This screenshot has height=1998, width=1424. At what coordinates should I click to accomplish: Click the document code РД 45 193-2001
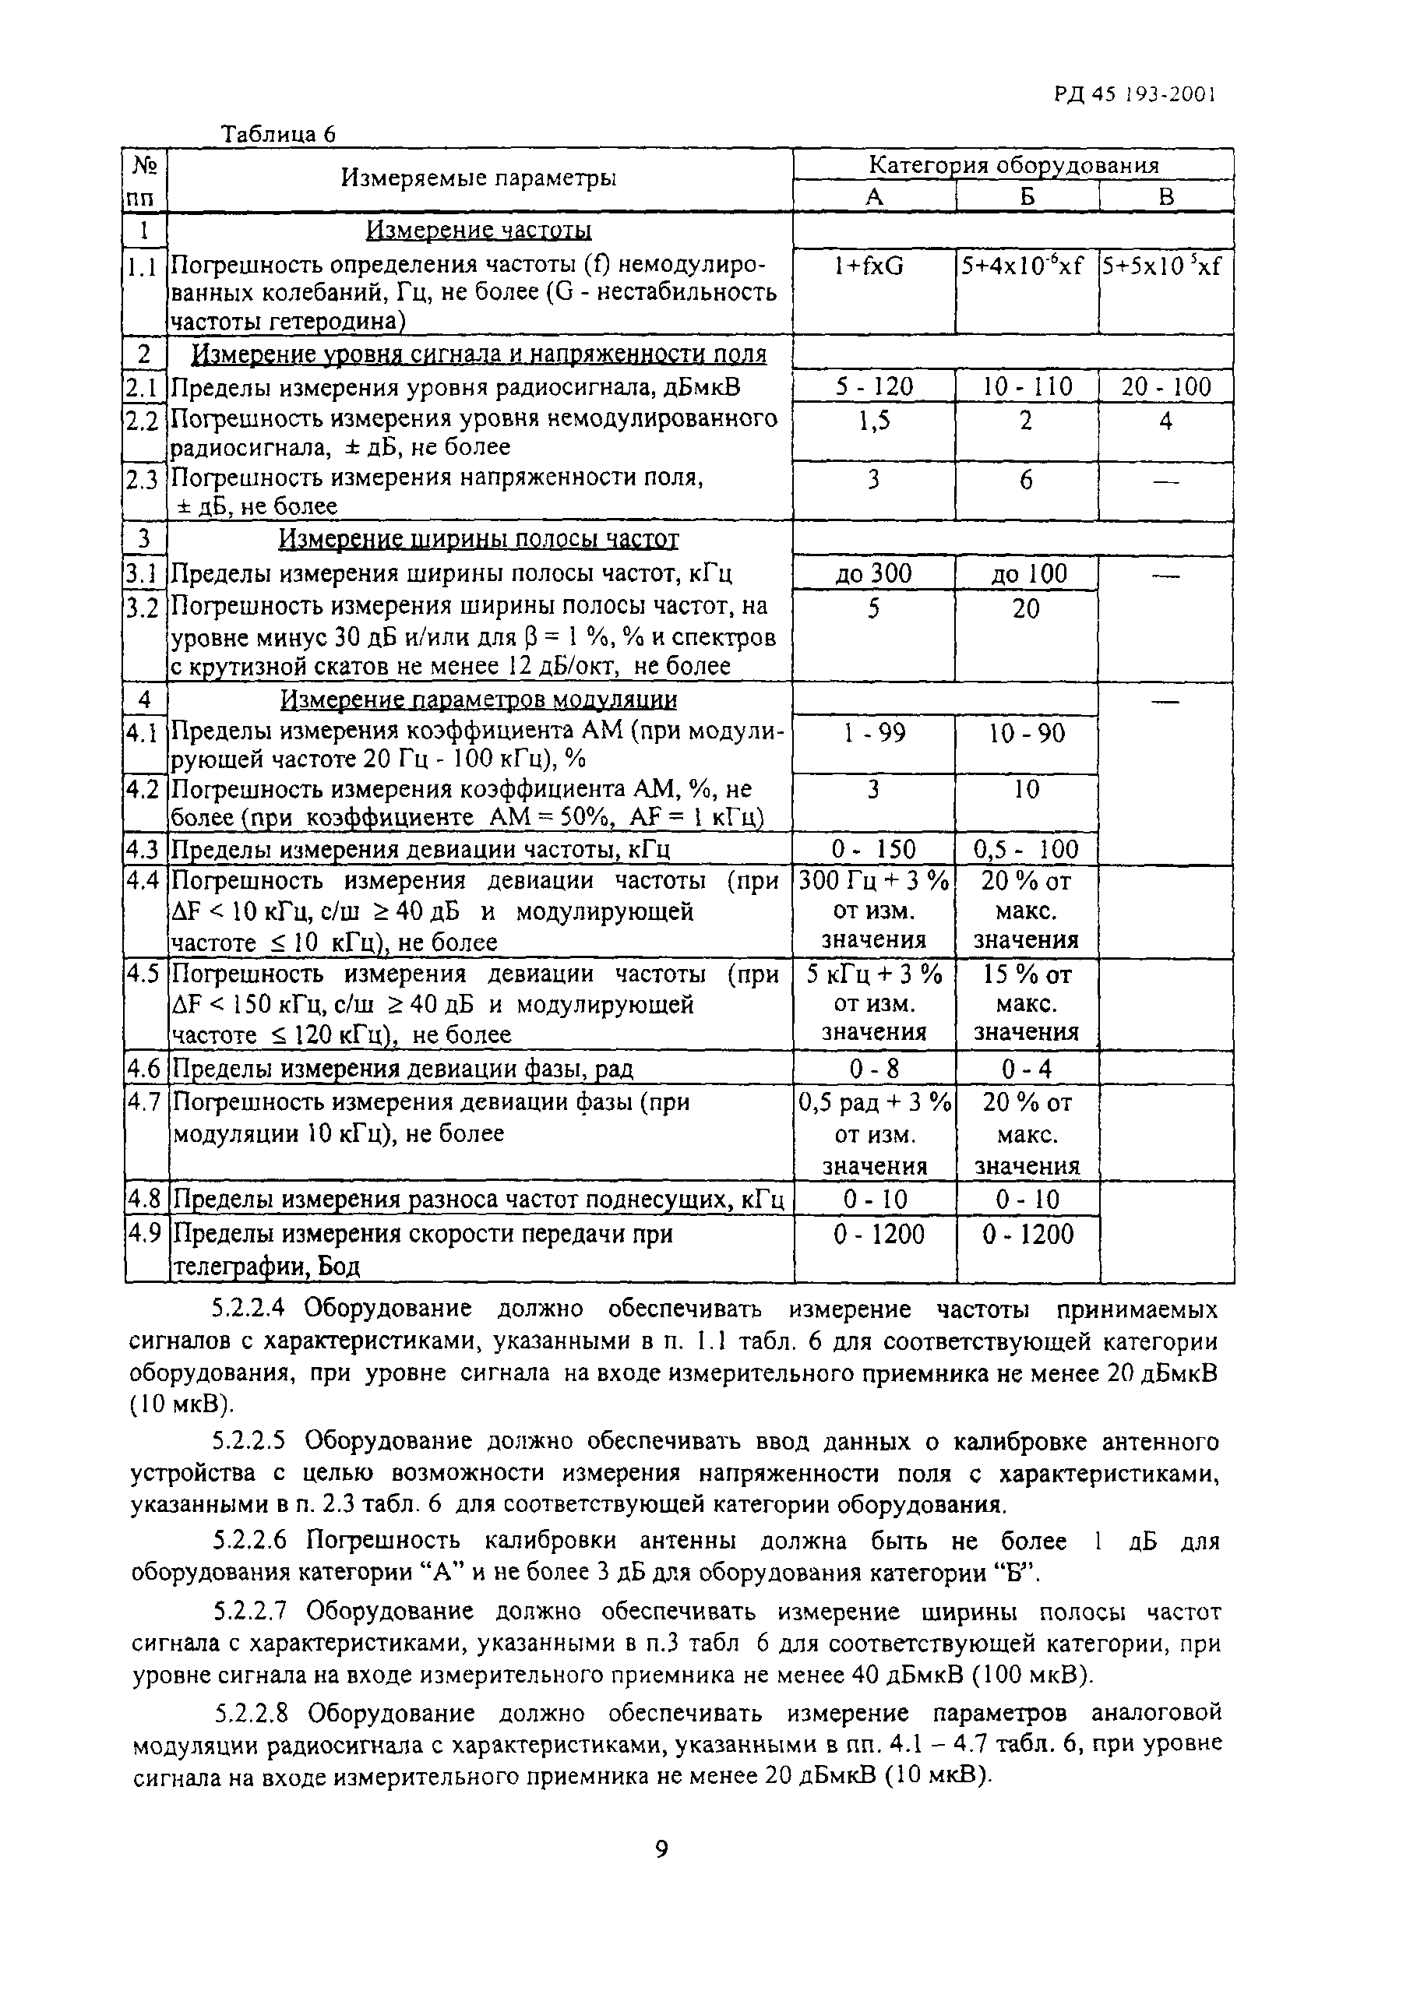[1135, 95]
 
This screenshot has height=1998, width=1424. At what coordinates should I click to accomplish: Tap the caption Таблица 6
[278, 134]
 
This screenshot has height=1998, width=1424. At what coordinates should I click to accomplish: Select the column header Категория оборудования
[1013, 165]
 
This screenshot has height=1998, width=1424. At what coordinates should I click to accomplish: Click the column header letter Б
[1027, 197]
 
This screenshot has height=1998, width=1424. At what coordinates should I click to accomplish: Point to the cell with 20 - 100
[1165, 387]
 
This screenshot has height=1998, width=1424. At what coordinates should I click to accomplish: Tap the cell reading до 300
[872, 574]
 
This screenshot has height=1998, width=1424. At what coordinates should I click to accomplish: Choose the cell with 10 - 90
[1026, 733]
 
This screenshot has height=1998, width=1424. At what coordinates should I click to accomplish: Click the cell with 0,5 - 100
[1026, 848]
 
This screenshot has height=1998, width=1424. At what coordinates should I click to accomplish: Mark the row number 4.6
[145, 1069]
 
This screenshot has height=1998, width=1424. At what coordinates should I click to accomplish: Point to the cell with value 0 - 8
[873, 1069]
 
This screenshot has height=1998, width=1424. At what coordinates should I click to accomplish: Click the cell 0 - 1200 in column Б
[1027, 1235]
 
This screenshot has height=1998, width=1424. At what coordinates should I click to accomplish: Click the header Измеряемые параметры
[478, 179]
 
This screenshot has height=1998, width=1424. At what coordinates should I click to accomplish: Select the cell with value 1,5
[873, 421]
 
